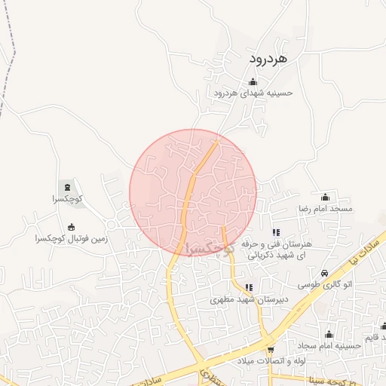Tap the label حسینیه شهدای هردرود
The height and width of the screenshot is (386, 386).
tap(252, 93)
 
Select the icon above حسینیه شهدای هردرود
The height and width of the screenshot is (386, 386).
tap(252, 82)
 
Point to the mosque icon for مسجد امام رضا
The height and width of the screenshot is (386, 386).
tap(325, 197)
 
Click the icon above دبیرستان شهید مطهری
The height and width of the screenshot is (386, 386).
tap(249, 287)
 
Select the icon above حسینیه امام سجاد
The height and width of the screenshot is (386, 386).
tap(329, 335)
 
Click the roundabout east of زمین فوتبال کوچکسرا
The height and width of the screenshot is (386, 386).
tap(112, 224)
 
